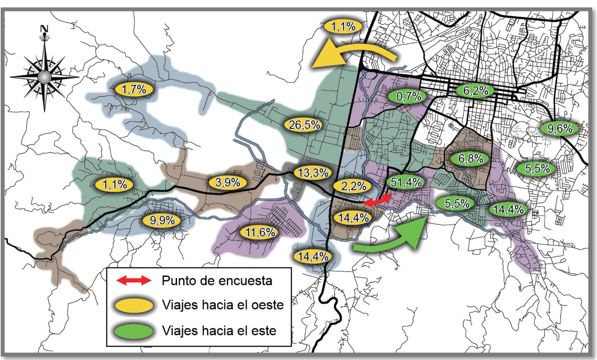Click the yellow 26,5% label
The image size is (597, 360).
[304, 125]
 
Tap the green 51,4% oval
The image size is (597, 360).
[406, 182]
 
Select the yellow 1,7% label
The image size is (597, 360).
[134, 89]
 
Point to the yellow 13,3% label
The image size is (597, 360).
[313, 172]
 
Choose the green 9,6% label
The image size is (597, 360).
[560, 128]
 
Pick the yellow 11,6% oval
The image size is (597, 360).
[260, 232]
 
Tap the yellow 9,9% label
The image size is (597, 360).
[162, 220]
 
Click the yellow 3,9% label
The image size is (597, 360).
[228, 182]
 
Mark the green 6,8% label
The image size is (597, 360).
[470, 159]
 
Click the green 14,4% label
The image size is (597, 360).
[508, 209]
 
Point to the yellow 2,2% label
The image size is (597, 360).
[353, 186]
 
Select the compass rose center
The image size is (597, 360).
[44, 77]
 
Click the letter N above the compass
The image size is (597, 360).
[44, 29]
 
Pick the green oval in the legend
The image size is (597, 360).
[134, 331]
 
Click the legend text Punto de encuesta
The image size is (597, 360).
[217, 281]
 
